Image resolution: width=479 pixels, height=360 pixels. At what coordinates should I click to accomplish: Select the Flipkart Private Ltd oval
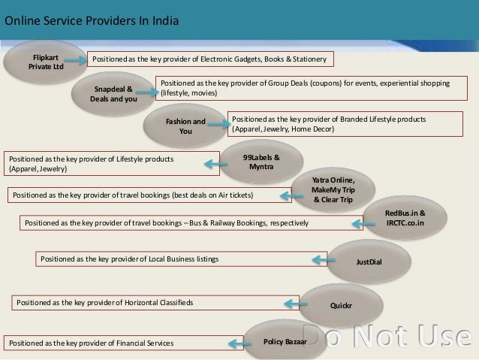(47, 62)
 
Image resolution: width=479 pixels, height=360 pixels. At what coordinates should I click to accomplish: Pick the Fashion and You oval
(185, 126)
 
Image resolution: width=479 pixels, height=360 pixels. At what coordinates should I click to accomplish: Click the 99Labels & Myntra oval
(262, 161)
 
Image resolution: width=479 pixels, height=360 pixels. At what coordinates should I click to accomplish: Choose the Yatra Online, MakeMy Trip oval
(332, 191)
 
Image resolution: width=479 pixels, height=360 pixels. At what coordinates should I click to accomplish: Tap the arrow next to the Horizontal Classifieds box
(289, 303)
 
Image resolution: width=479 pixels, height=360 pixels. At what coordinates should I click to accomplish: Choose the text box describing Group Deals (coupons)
(307, 89)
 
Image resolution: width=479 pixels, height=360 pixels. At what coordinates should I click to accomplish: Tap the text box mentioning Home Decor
(336, 124)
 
